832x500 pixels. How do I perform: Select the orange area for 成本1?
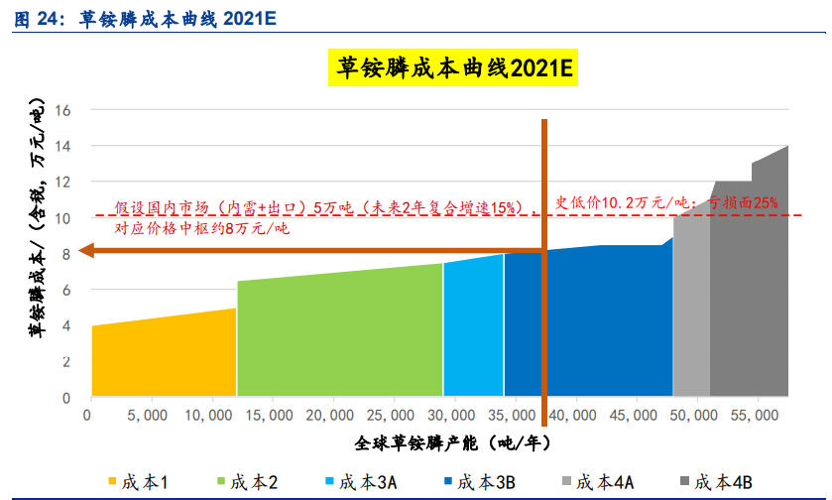click(164, 357)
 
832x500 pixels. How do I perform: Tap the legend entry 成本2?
click(247, 482)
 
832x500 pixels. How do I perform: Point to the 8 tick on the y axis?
click(67, 254)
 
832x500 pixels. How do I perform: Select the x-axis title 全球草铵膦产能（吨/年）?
click(451, 440)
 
